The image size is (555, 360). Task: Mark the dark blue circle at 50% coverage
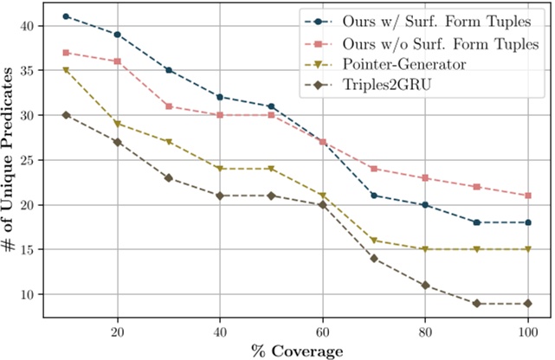pyautogui.click(x=272, y=106)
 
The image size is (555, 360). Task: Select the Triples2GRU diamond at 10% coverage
pyautogui.click(x=66, y=114)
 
